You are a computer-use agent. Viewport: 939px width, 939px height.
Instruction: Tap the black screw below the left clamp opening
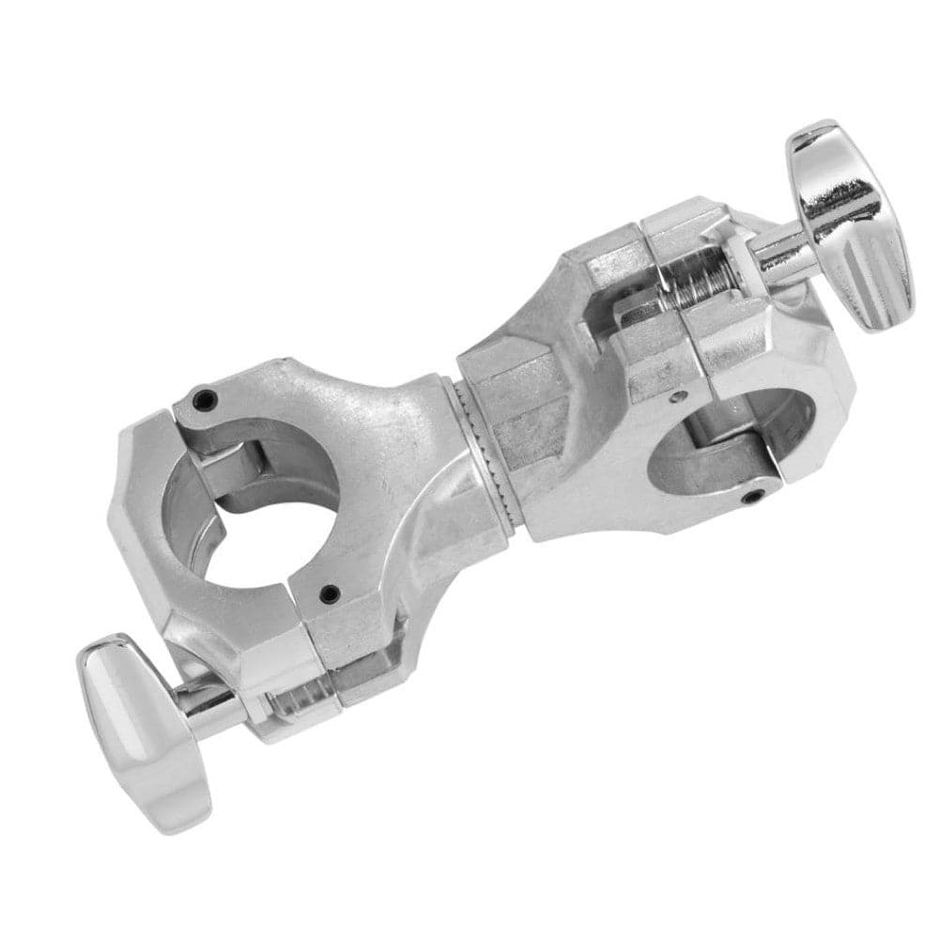(328, 593)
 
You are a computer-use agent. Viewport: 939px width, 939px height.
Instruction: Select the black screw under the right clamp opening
(748, 496)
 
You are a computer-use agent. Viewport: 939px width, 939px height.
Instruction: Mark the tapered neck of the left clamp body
(394, 441)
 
